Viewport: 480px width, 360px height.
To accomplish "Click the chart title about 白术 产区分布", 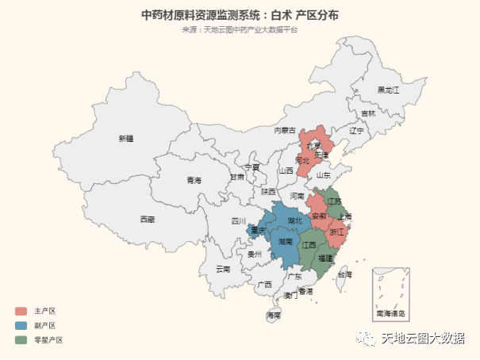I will [x=240, y=14].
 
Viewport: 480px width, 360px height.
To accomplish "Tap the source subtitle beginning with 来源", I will [x=240, y=30].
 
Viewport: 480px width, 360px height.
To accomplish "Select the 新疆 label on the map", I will [x=126, y=139].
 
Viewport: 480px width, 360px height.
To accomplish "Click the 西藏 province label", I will [x=148, y=219].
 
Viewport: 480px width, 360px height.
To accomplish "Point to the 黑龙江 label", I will [x=389, y=90].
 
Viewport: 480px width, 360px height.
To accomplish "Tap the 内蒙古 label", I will [x=285, y=130].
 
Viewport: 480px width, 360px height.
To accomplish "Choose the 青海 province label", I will [x=194, y=180].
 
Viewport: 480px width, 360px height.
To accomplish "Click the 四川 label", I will [x=239, y=221].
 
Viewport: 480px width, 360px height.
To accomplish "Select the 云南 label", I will [x=223, y=270].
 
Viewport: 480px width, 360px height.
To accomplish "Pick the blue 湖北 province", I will [x=294, y=221].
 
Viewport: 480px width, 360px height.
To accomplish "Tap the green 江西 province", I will [x=309, y=246].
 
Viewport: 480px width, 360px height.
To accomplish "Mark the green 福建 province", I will [x=325, y=259].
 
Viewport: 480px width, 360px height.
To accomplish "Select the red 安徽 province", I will [x=318, y=216].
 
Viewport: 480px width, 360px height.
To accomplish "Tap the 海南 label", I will [x=273, y=316].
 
